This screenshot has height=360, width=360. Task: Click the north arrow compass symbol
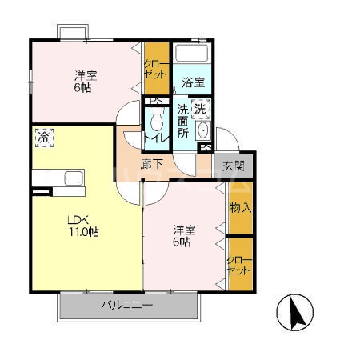click(294, 312)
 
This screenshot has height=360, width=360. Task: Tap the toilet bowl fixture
click(157, 119)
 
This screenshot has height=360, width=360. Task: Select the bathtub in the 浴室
click(192, 53)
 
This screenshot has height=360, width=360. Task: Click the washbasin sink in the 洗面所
click(203, 130)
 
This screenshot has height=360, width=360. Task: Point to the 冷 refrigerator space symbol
click(45, 138)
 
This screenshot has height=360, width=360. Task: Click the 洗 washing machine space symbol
click(201, 109)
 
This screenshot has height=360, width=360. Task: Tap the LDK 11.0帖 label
click(83, 226)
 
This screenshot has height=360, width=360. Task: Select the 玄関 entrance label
click(234, 166)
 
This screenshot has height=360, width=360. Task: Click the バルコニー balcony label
click(127, 305)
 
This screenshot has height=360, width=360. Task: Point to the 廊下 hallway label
click(151, 164)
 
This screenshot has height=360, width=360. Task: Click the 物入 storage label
click(241, 208)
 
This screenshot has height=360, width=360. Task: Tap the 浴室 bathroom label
click(194, 82)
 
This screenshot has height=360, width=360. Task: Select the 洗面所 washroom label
click(182, 121)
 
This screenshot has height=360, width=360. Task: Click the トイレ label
click(157, 138)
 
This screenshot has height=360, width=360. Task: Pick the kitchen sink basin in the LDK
click(74, 178)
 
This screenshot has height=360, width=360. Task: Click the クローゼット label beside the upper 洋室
click(156, 70)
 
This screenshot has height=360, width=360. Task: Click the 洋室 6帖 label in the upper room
click(86, 82)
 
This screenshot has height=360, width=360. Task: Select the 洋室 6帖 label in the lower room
click(184, 236)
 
